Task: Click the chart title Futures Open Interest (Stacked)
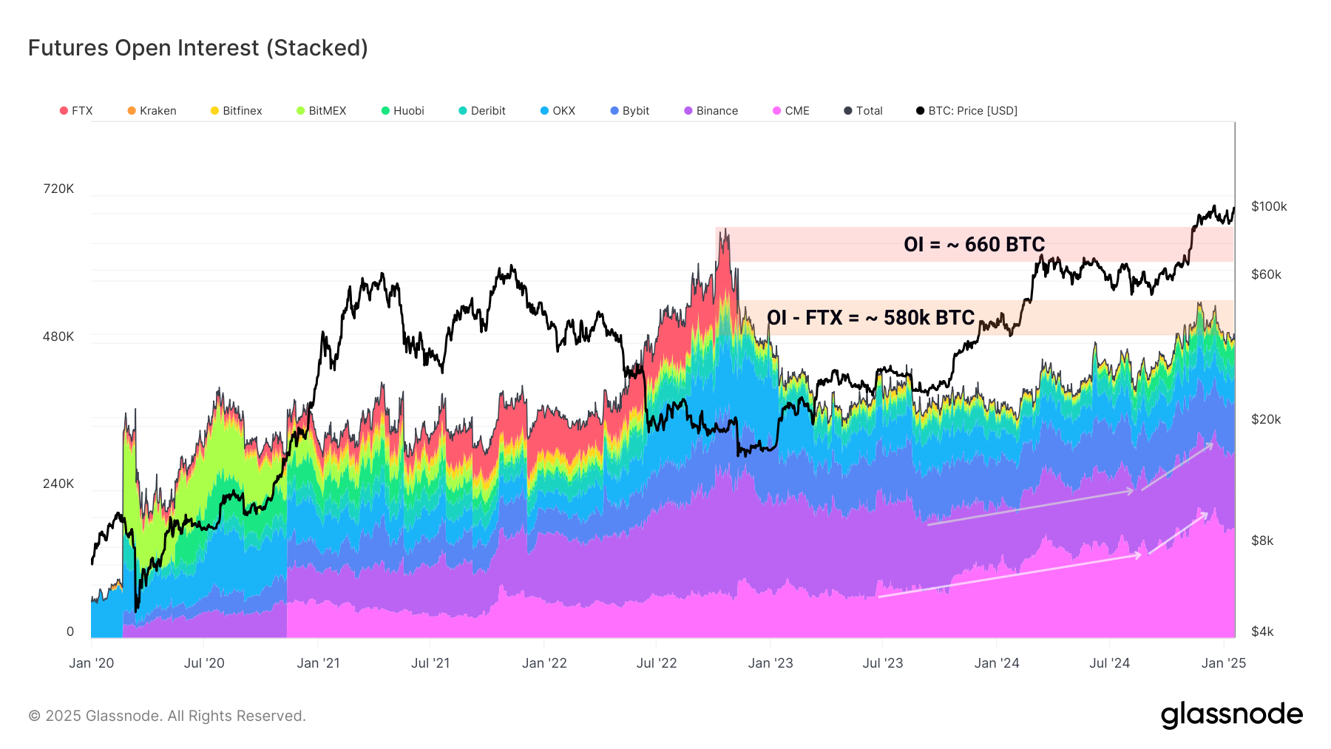pyautogui.click(x=197, y=48)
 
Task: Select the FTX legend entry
pyautogui.click(x=76, y=111)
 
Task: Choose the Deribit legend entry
pyautogui.click(x=482, y=111)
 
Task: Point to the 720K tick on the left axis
pyautogui.click(x=58, y=189)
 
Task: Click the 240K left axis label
pyautogui.click(x=58, y=484)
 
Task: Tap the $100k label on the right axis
pyautogui.click(x=1269, y=206)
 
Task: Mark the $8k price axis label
pyautogui.click(x=1262, y=540)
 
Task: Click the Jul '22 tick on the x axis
pyautogui.click(x=657, y=663)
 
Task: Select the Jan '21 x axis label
pyautogui.click(x=318, y=663)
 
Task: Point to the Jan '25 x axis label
pyautogui.click(x=1224, y=663)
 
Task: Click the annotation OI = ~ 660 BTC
pyautogui.click(x=974, y=245)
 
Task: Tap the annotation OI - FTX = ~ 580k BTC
pyautogui.click(x=870, y=318)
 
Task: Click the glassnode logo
pyautogui.click(x=1231, y=715)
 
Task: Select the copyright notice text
pyautogui.click(x=167, y=716)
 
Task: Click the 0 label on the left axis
pyautogui.click(x=70, y=631)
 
